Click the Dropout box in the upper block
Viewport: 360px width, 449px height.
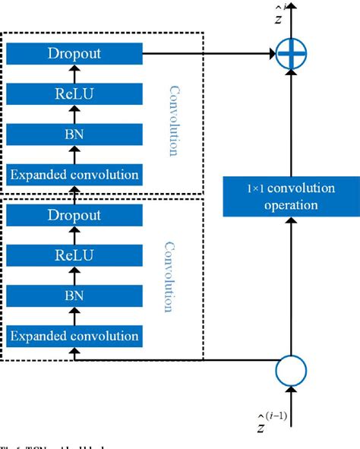74,54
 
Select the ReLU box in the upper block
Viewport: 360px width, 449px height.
74,93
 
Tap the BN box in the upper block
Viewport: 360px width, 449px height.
74,134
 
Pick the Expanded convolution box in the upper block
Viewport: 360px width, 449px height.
74,174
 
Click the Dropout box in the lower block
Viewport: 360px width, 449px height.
74,215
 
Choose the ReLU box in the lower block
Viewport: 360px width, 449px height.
74,255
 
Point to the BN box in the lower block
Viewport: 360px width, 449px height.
74,295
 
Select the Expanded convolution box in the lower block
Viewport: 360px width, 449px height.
74,335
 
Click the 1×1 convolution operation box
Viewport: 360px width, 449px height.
291,194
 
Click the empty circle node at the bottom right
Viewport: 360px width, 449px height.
291,372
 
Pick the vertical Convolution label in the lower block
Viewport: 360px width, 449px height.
171,277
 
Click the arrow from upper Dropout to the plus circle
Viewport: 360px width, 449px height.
209,54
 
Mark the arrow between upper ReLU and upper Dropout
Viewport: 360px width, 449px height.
74,74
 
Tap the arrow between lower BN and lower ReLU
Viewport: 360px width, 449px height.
74,275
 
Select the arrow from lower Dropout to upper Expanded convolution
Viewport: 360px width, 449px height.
74,194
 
